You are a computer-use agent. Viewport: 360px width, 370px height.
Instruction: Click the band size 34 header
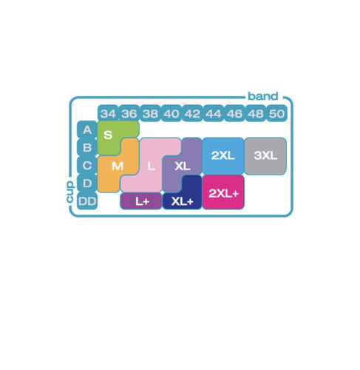(108, 113)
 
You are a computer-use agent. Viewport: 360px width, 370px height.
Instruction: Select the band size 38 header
(150, 113)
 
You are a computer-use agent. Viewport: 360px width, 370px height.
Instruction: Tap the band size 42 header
(192, 113)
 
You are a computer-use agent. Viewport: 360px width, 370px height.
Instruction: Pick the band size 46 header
(234, 113)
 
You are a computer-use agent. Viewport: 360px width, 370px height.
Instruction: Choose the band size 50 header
(276, 113)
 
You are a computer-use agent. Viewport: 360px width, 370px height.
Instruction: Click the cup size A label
(87, 129)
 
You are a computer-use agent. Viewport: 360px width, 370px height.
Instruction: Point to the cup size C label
(87, 166)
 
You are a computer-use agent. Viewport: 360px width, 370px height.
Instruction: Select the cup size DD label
(87, 201)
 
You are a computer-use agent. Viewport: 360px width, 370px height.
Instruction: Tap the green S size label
(108, 135)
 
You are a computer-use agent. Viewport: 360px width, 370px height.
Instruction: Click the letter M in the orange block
(118, 166)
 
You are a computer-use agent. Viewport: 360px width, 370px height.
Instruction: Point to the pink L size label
(151, 166)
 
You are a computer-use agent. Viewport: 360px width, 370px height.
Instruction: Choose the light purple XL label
(183, 166)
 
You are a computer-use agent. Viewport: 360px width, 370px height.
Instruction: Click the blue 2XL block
(223, 156)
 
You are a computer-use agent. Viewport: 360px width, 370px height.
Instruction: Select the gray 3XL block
(265, 156)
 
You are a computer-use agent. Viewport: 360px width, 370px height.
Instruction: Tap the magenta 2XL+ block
(223, 192)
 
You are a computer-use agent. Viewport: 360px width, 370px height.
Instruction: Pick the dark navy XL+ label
(182, 201)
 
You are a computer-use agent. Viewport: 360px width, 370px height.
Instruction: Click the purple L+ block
(141, 201)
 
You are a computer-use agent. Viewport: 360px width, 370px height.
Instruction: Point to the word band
(263, 96)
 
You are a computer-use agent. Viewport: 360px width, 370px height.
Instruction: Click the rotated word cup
(70, 192)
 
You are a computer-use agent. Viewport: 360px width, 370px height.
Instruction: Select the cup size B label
(87, 147)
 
